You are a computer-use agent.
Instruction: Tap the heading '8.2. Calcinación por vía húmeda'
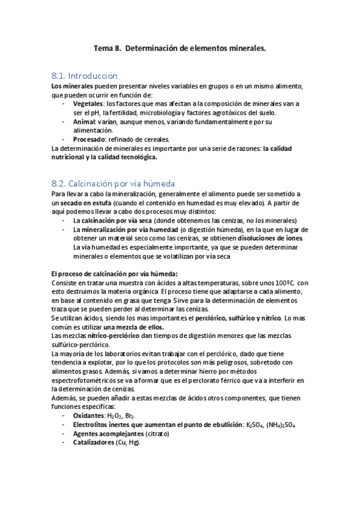[x=113, y=183]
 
